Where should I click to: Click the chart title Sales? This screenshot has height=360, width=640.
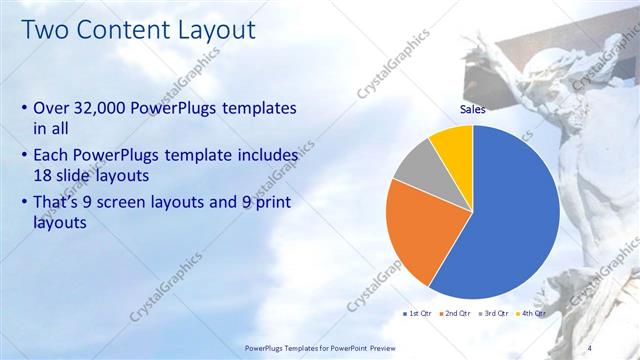[473, 109]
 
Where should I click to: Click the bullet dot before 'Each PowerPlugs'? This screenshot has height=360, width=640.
[24, 156]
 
